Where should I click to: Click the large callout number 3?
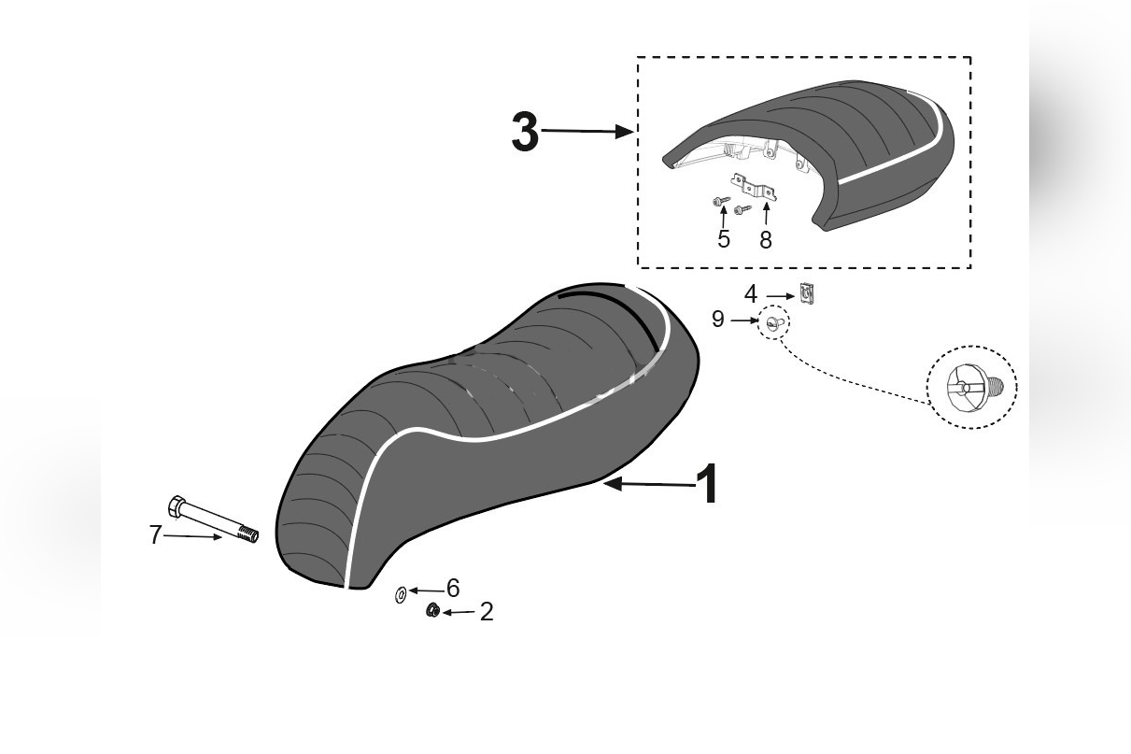[525, 132]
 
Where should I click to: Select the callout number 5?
[724, 239]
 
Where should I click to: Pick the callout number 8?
[766, 239]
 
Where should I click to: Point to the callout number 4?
[751, 294]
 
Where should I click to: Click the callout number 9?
[718, 320]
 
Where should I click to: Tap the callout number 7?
[155, 534]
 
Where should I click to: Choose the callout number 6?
[453, 588]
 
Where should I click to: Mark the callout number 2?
[487, 612]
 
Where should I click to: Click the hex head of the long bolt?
[177, 506]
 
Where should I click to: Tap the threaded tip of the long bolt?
[248, 533]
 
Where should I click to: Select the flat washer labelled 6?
[401, 595]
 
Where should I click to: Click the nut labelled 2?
[432, 610]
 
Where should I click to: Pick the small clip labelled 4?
[808, 293]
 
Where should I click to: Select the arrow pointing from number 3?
[587, 132]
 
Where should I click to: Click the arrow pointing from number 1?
[649, 484]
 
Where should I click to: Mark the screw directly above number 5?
[720, 201]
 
